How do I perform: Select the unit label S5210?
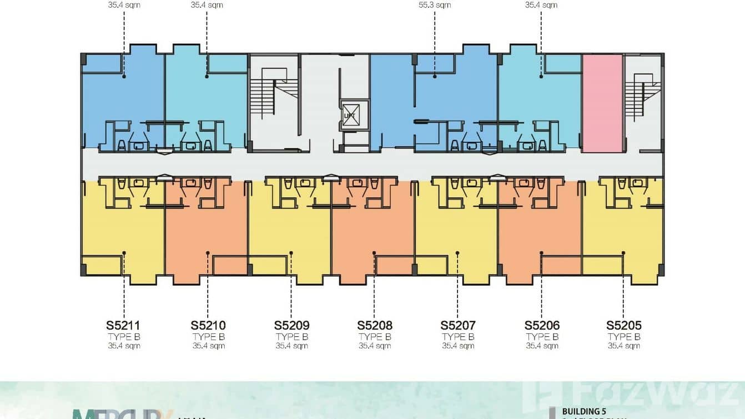(x=208, y=325)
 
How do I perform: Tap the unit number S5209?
(x=291, y=325)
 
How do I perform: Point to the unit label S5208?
(x=375, y=325)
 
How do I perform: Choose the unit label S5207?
(x=458, y=325)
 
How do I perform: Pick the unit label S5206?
(x=542, y=325)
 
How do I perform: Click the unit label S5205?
(x=624, y=325)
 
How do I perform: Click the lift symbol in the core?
(x=350, y=115)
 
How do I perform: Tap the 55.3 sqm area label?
(x=435, y=5)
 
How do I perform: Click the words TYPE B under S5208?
(x=375, y=337)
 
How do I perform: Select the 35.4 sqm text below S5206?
(x=542, y=346)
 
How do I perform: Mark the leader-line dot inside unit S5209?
(x=291, y=253)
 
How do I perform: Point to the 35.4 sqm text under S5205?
(x=624, y=346)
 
